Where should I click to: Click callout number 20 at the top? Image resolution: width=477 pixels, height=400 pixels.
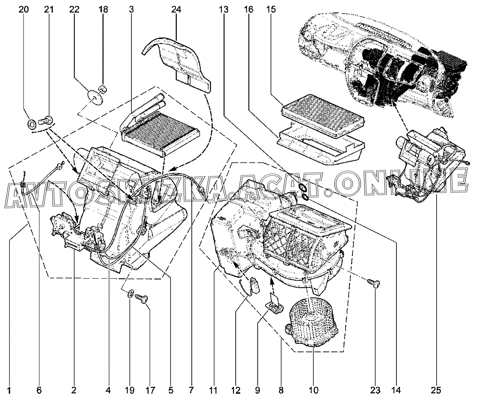[23, 10]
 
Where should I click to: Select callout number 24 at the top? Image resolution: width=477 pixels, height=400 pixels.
[176, 10]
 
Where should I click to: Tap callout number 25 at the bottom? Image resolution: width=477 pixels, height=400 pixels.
[436, 390]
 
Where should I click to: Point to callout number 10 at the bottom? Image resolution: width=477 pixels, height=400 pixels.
[313, 390]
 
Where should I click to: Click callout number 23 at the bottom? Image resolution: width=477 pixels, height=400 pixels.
[375, 390]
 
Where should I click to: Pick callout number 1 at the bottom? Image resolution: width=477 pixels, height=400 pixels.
[9, 390]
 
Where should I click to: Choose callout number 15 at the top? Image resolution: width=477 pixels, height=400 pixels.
[271, 10]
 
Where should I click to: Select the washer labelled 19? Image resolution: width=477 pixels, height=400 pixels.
[131, 293]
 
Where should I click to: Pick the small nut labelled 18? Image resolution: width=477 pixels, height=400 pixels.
[103, 89]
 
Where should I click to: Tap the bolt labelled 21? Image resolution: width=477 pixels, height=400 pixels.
[46, 120]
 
